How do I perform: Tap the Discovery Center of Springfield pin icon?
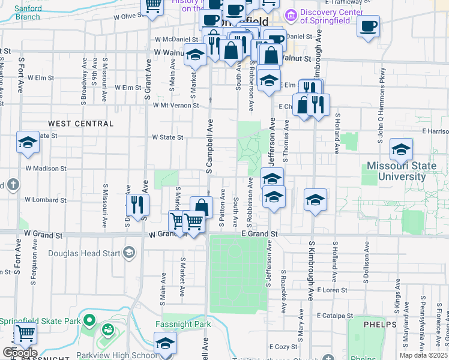click(x=291, y=14)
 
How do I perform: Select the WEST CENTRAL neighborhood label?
click(x=80, y=124)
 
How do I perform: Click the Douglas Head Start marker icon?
click(x=128, y=253)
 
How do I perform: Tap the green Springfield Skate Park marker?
click(x=89, y=321)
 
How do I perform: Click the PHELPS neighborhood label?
click(x=380, y=325)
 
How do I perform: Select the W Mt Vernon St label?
click(x=176, y=105)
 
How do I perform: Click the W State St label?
click(x=167, y=137)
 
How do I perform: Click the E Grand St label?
click(x=260, y=233)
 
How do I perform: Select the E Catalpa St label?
click(x=337, y=315)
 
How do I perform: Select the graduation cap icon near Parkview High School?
click(x=165, y=344)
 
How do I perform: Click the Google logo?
click(x=20, y=353)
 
